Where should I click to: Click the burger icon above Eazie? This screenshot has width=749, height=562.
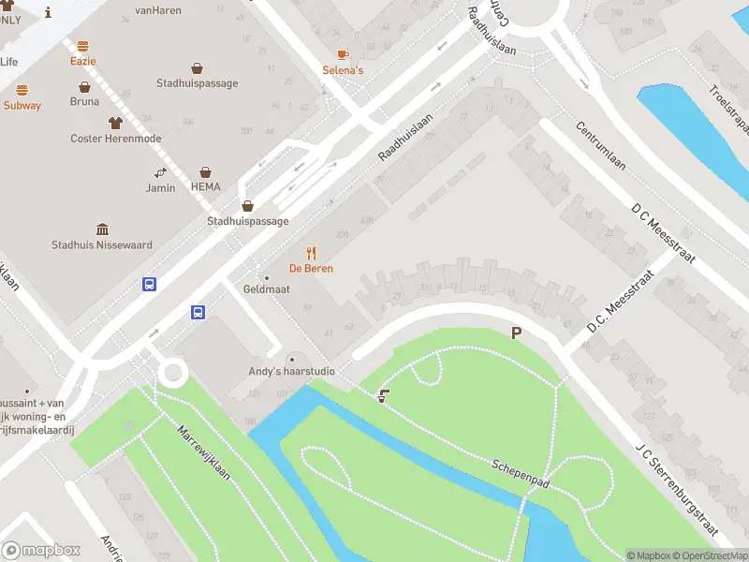pyautogui.click(x=82, y=46)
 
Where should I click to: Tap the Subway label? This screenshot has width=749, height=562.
pyautogui.click(x=22, y=106)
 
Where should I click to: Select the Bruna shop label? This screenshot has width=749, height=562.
pyautogui.click(x=84, y=101)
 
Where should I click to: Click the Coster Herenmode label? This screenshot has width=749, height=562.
pyautogui.click(x=116, y=139)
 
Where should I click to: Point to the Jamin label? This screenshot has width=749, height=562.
pyautogui.click(x=160, y=187)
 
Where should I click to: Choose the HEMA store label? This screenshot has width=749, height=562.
pyautogui.click(x=206, y=186)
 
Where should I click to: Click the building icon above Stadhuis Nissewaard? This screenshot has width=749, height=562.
pyautogui.click(x=102, y=229)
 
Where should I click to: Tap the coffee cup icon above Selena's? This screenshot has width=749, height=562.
pyautogui.click(x=343, y=54)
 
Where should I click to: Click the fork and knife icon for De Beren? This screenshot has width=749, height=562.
pyautogui.click(x=311, y=253)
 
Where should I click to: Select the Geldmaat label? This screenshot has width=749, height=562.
pyautogui.click(x=267, y=289)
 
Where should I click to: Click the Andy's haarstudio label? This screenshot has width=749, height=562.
pyautogui.click(x=292, y=372)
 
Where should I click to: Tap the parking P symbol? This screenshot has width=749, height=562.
pyautogui.click(x=515, y=333)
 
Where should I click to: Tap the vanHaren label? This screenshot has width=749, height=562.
pyautogui.click(x=157, y=11)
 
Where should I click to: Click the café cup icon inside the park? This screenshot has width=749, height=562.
pyautogui.click(x=382, y=397)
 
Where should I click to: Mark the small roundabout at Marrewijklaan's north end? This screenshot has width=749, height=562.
pyautogui.click(x=172, y=373)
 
